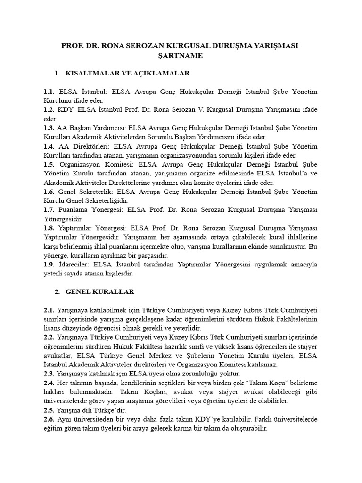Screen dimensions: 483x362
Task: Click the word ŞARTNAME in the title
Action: point(181,56)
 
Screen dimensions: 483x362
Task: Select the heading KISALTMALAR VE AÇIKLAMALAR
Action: point(128,74)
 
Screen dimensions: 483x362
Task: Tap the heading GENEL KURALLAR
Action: point(100,292)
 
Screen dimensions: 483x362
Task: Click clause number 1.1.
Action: point(49,92)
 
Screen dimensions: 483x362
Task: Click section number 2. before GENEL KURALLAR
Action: point(57,292)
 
